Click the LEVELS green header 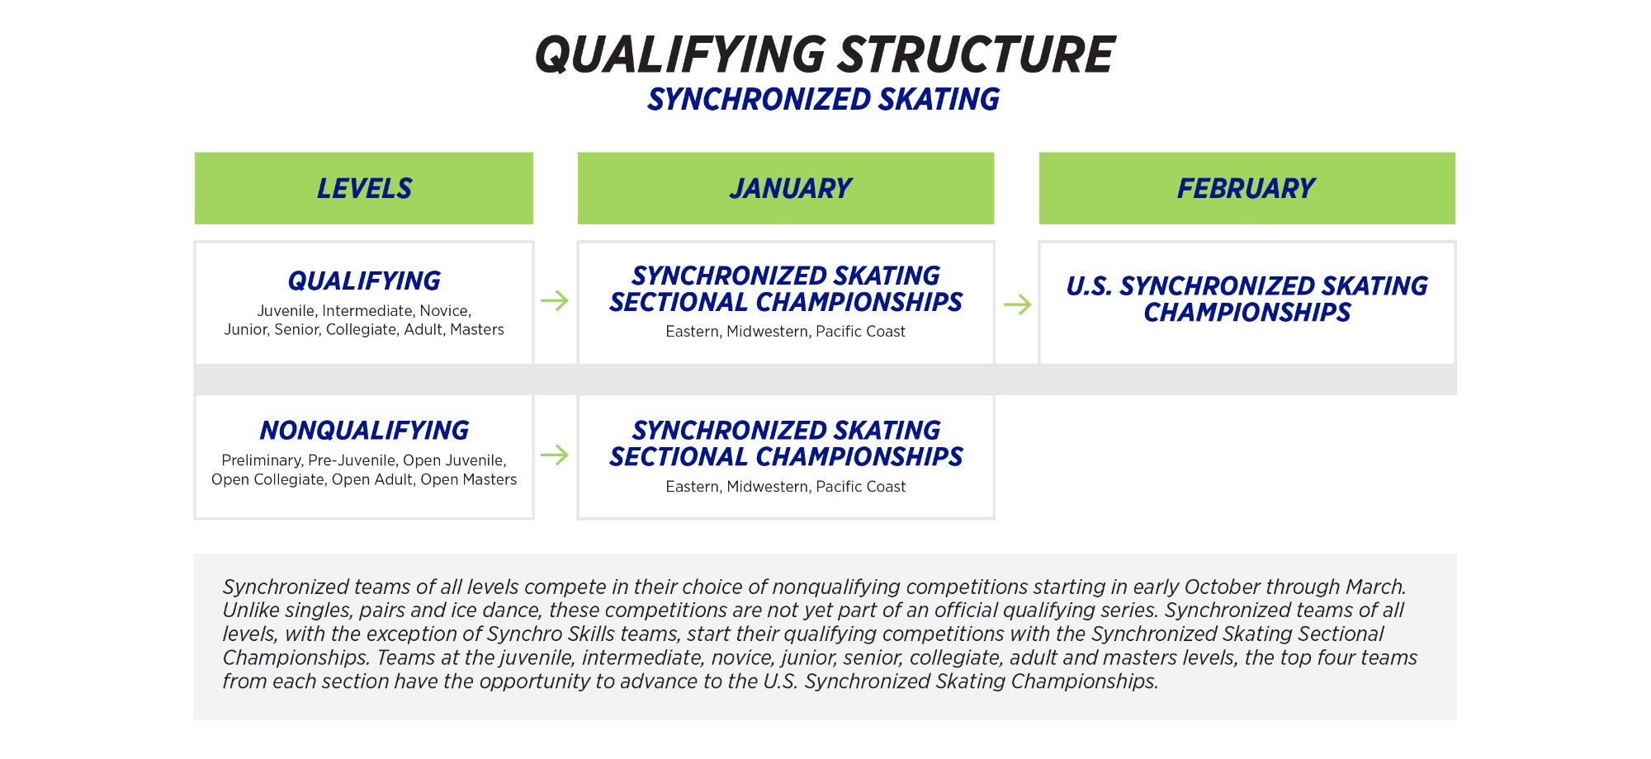tap(364, 188)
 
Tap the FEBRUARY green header tap(1246, 188)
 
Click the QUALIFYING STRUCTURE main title tap(825, 54)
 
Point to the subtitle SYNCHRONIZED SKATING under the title tap(823, 100)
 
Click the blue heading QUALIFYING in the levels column tap(364, 281)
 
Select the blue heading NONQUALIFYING tap(364, 431)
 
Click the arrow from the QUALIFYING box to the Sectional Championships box tap(555, 300)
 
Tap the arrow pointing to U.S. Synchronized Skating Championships tap(1018, 304)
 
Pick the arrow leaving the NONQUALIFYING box tap(555, 455)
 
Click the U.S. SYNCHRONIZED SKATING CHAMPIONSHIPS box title tap(1247, 299)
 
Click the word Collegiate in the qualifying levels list tap(361, 330)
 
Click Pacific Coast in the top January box tap(860, 332)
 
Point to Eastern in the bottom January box tap(693, 487)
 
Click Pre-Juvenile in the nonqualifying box tap(352, 460)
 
